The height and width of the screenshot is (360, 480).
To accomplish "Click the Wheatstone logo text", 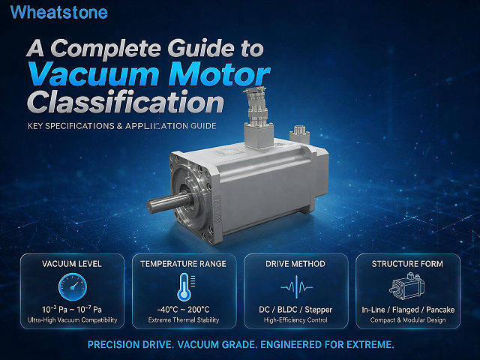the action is [58, 12].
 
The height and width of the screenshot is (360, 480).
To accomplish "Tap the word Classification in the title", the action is [126, 103].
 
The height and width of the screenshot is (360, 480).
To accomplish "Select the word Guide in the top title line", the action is [201, 48].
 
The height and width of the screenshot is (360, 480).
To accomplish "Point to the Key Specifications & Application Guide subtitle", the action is [122, 126].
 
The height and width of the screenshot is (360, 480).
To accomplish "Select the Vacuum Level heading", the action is [72, 264].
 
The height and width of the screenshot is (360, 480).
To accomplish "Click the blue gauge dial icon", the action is [73, 286].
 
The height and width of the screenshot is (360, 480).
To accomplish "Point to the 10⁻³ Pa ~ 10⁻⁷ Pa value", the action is [72, 310].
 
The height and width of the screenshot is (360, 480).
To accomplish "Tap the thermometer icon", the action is [184, 287].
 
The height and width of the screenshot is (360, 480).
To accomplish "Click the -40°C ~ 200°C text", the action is [183, 310].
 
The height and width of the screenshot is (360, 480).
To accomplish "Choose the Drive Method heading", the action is [295, 264].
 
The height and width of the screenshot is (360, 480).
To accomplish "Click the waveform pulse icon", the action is [296, 287].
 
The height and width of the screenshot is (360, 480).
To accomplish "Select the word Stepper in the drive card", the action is [318, 310].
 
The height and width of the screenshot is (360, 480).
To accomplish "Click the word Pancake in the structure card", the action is [440, 310].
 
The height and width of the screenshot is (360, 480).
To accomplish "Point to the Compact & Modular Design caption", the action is [408, 320].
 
